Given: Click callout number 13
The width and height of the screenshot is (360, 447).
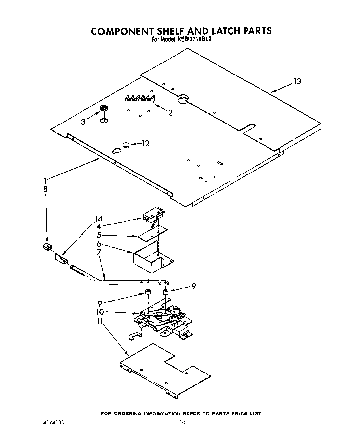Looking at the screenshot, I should [297, 82].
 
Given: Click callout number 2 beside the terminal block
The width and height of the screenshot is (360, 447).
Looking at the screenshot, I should [170, 113].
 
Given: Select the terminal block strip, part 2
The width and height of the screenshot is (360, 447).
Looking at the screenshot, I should [140, 99].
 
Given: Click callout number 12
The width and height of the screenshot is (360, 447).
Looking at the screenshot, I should [145, 143].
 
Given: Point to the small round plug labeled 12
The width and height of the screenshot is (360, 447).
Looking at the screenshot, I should [126, 144].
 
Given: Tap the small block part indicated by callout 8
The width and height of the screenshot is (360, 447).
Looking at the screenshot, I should [48, 246].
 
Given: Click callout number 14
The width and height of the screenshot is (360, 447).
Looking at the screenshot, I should [98, 219].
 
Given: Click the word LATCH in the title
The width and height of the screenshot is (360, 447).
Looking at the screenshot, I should [224, 31].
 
